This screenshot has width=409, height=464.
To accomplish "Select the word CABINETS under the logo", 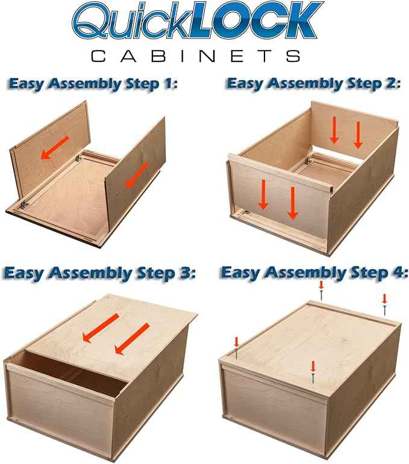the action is (x=196, y=56).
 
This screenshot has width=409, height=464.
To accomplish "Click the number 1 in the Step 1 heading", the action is (x=167, y=84).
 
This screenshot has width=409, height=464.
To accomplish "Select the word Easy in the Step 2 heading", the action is (x=245, y=84).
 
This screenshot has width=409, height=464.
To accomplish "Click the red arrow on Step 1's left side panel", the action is (x=54, y=147).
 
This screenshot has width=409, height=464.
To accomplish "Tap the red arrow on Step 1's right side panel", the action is (x=137, y=175).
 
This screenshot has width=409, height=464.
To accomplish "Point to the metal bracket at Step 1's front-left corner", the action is (x=23, y=205).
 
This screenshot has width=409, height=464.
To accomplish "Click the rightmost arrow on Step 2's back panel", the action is (x=358, y=135).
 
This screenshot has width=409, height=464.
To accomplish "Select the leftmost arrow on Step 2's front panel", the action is (x=263, y=195).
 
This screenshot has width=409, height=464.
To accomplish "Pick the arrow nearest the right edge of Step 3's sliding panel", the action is (x=132, y=339).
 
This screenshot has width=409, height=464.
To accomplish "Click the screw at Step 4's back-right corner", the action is (x=384, y=305).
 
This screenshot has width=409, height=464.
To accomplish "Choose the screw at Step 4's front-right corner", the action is (x=313, y=373).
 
